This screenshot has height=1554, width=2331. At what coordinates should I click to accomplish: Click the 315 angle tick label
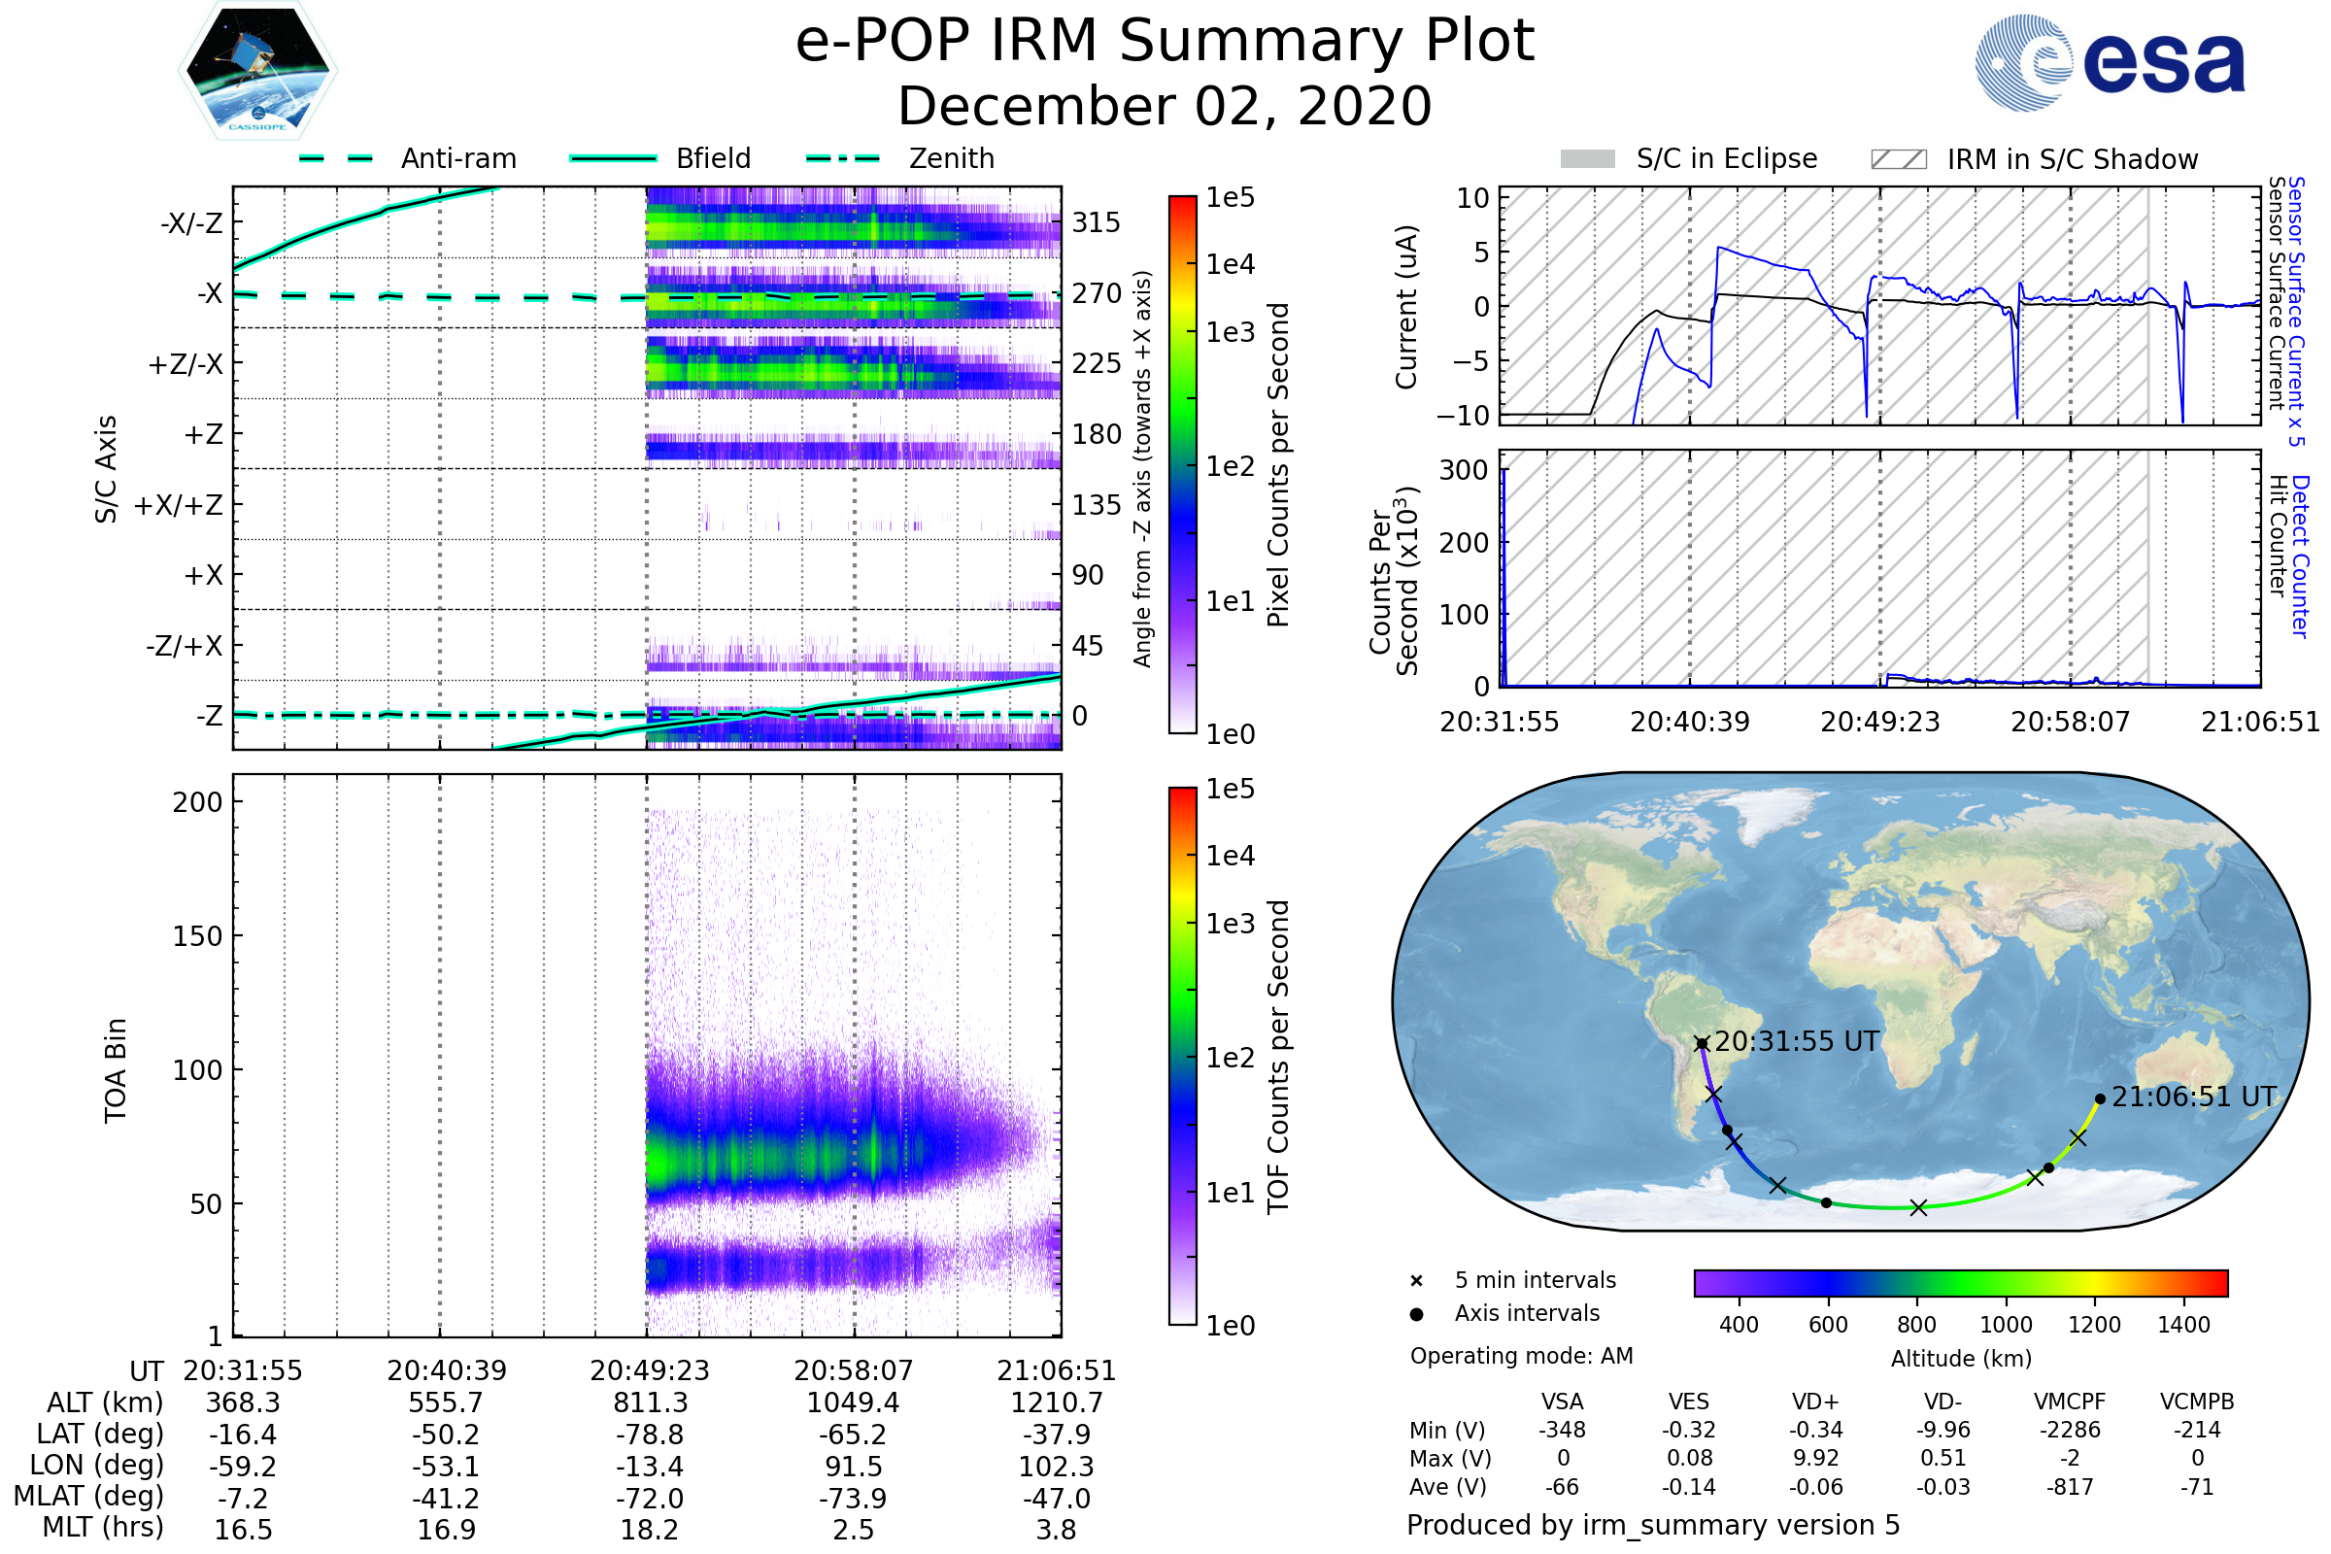pos(1097,222)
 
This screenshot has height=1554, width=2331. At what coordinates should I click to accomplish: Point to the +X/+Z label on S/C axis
pos(179,505)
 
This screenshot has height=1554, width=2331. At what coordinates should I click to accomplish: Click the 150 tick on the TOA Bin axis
pos(197,936)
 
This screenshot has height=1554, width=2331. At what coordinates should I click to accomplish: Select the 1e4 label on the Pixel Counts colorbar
pos(1230,264)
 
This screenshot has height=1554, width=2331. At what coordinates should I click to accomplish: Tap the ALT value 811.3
pos(649,1402)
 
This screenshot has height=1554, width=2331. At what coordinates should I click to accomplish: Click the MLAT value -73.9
pos(853,1498)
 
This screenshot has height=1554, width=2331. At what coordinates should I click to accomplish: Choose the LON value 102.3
pos(1056,1466)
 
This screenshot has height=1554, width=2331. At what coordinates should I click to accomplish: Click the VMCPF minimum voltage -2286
pos(2070,1430)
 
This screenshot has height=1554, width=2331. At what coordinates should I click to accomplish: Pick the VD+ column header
pos(1815,1402)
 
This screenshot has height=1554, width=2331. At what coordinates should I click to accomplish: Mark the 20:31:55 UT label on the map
pos(1797,1041)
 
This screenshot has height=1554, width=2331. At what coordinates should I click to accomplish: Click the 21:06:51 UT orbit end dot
pos(2100,1099)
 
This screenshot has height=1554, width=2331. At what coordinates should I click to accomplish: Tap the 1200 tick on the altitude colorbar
pos(2094,1325)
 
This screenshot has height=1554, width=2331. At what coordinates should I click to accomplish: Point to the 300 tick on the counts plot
pos(1464,470)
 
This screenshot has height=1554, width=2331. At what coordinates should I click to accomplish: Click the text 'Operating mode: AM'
pos(1521,1356)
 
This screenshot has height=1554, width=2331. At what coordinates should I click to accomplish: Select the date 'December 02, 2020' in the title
pos(1165,106)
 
